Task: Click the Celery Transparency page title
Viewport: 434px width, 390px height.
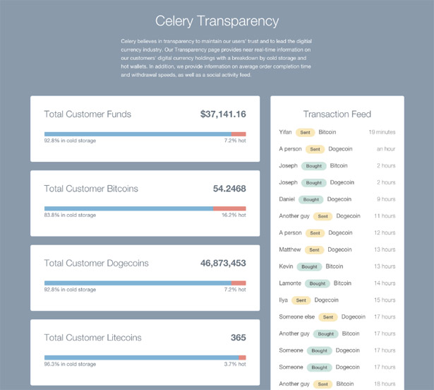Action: pos(217,21)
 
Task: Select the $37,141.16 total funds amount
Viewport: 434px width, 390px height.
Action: pos(223,114)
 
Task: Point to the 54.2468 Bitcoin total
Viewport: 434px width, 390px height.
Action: pos(229,189)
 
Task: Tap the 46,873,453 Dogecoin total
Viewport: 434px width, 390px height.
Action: pos(223,263)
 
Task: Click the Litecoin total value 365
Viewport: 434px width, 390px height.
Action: pos(238,338)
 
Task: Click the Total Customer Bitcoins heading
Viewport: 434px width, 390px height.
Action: pos(91,189)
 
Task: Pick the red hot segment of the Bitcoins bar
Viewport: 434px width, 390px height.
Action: pos(229,208)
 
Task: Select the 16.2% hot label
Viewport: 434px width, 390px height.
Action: pos(234,215)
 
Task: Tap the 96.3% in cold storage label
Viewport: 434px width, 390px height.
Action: pos(70,365)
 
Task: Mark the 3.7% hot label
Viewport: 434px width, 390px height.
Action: pos(235,365)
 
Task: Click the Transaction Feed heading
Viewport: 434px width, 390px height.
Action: pos(337,114)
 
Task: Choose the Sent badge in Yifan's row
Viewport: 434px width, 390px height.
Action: pos(305,132)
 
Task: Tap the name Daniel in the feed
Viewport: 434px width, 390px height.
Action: pos(287,199)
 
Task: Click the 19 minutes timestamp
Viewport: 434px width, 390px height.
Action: pos(382,132)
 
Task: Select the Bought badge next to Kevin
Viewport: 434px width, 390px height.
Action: pos(309,266)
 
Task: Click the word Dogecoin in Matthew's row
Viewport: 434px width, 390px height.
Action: pos(339,249)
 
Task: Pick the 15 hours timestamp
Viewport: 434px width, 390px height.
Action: pos(385,300)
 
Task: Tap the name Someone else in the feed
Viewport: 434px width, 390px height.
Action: pos(296,317)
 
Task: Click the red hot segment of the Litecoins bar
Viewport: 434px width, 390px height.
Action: pos(242,357)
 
